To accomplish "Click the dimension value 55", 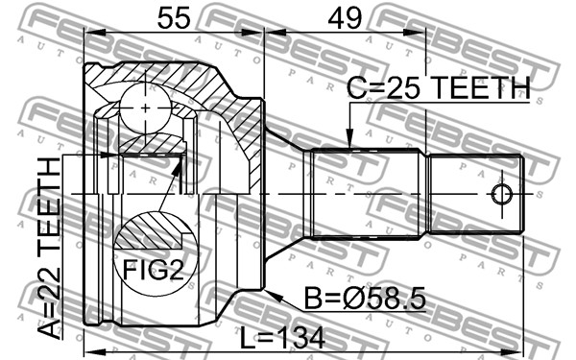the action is coord(174,18).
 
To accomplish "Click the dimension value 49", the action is coord(345,18).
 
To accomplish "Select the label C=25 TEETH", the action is coord(439,87).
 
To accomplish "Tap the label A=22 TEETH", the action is coord(49,248).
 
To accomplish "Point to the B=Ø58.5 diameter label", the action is coord(365,299).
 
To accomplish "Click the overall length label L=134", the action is coord(282,338).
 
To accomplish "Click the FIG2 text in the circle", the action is coord(154,269).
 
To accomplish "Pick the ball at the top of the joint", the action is coord(146,108).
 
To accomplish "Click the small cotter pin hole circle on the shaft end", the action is coord(501,194).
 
